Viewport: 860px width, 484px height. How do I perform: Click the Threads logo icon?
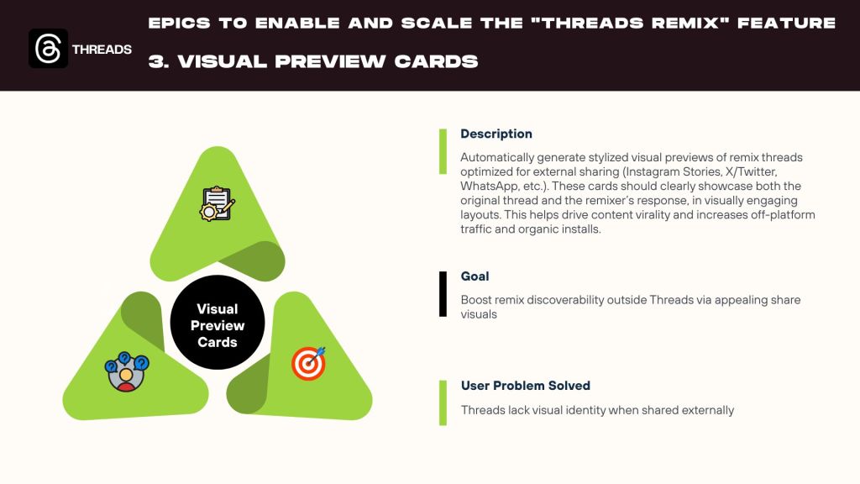(48, 48)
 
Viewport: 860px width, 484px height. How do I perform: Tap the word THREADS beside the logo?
(102, 50)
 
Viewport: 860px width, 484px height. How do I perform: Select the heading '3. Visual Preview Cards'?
(313, 61)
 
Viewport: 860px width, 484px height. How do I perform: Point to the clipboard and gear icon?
(218, 203)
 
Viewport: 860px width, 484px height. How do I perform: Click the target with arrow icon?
(309, 363)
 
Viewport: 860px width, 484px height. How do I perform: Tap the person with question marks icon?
(127, 371)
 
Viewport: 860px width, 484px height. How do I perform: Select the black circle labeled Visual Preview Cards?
(218, 323)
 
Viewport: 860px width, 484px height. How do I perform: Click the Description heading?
(496, 134)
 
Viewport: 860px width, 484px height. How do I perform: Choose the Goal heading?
(475, 276)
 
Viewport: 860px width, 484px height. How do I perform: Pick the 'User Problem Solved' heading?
(526, 386)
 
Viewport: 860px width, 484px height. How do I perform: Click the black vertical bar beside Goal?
(443, 294)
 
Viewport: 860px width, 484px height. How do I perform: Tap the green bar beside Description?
(443, 151)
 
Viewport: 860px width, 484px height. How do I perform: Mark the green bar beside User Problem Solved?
(443, 402)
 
